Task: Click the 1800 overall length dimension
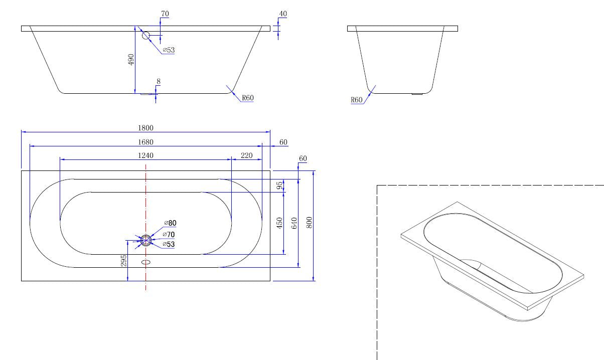pos(146,128)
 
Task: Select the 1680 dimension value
pos(146,142)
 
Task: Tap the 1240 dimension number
pos(146,155)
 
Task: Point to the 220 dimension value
pos(247,155)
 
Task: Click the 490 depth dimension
pos(131,60)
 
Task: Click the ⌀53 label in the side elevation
pos(169,50)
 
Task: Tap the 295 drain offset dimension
pos(124,261)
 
